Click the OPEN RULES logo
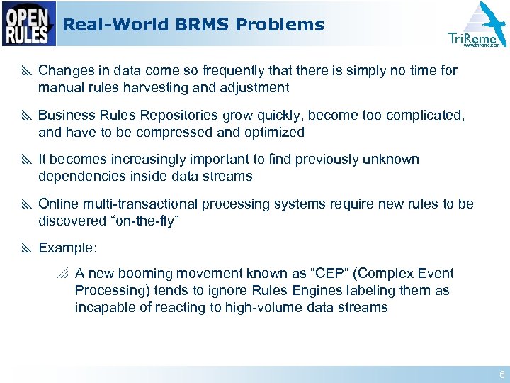(29, 24)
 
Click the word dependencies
(77, 177)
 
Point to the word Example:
(67, 248)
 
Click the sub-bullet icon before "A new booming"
(64, 274)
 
